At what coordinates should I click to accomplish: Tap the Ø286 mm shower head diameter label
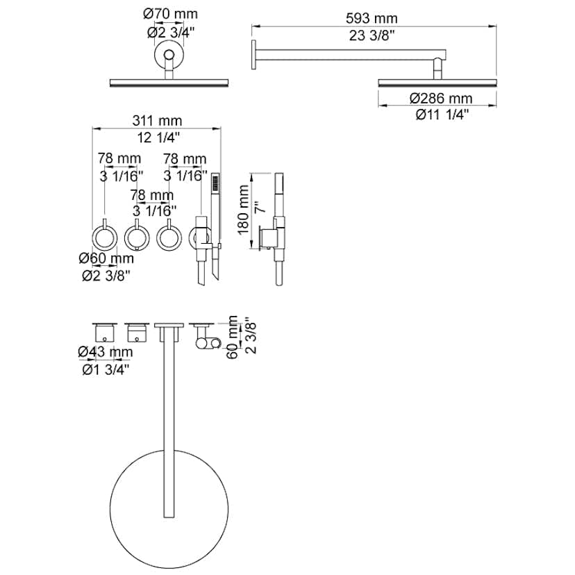tap(440, 99)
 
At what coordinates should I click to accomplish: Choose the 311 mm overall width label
tap(156, 120)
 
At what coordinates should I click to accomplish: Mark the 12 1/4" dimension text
tap(156, 137)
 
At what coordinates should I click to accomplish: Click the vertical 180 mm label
tap(243, 212)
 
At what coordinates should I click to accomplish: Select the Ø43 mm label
tap(106, 351)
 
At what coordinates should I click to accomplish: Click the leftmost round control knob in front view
tap(104, 238)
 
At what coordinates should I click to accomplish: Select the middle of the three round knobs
tap(137, 238)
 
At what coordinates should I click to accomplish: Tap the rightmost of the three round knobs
tap(169, 238)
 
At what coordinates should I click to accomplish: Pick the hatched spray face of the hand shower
tap(215, 183)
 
